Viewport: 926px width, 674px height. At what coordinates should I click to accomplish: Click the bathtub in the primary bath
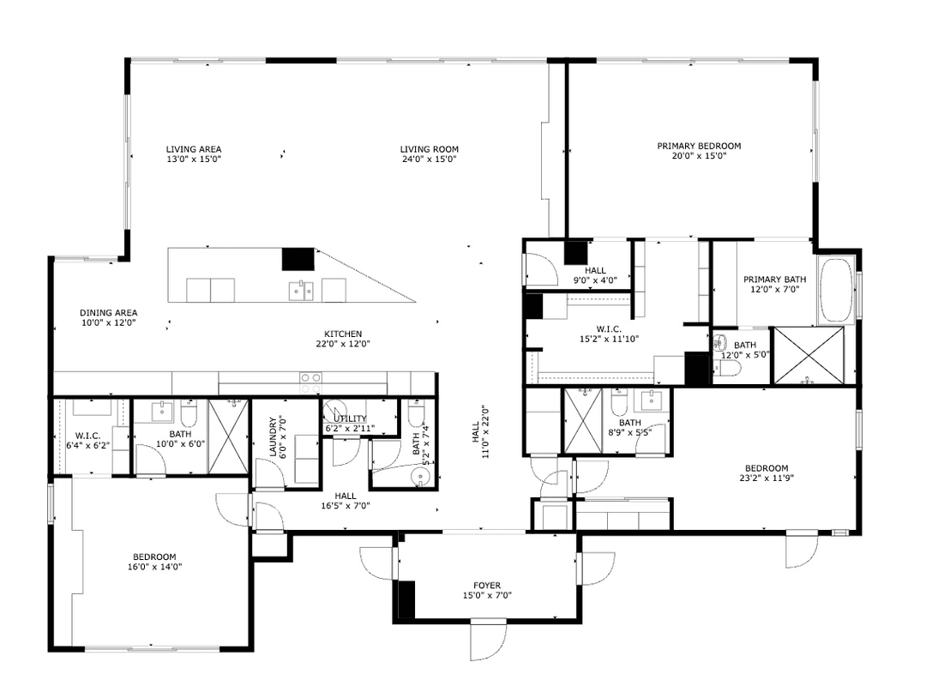[x=837, y=289]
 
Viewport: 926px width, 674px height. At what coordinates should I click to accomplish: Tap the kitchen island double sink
[x=300, y=291]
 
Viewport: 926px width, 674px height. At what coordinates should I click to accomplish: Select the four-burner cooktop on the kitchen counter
[x=310, y=378]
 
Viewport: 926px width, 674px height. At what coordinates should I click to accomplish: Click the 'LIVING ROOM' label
[x=429, y=149]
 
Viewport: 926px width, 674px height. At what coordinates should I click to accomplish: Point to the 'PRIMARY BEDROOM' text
[x=699, y=146]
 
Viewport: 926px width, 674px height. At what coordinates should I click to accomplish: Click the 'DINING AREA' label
[x=109, y=313]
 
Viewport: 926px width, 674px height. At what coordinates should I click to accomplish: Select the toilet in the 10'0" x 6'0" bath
[x=189, y=416]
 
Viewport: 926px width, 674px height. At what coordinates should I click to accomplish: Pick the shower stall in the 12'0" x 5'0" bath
[x=808, y=354]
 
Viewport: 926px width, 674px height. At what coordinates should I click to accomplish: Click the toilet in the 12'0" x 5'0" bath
[x=728, y=370]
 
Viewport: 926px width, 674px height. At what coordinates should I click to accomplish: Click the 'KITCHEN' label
[x=343, y=334]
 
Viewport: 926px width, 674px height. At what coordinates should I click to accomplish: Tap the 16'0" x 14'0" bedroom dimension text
[x=154, y=566]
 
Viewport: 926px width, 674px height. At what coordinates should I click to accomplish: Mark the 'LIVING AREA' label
[x=194, y=149]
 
